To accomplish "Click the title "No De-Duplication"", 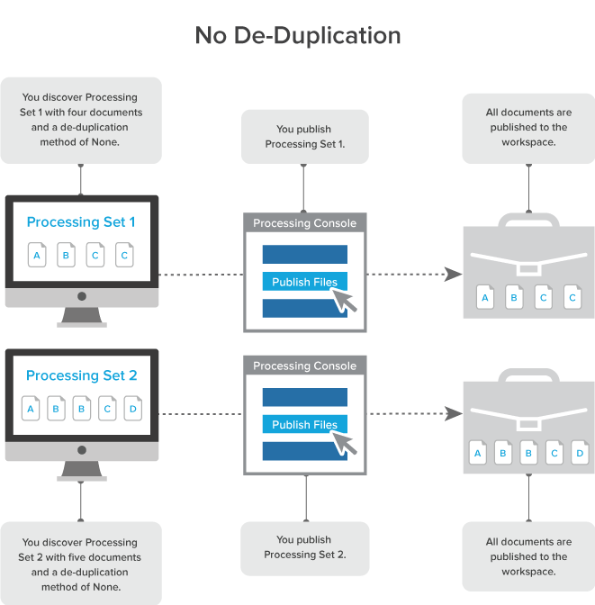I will coord(298,36).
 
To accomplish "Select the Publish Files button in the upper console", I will coord(304,282).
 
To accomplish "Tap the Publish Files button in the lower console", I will coord(304,424).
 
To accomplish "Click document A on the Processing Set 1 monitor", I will coord(37,255).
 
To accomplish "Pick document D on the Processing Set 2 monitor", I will coord(133,409).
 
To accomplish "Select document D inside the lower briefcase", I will coord(580,453).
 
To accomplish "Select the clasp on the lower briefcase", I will coord(528,421).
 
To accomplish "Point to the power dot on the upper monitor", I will coord(82,295).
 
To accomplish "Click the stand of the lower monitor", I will coord(82,471).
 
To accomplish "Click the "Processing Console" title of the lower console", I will coord(304,366).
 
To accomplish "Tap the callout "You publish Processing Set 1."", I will coord(304,136).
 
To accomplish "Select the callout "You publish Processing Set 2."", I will coord(304,547).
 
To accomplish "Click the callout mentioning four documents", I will coord(81,120).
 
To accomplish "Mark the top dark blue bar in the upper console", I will coord(304,254).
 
